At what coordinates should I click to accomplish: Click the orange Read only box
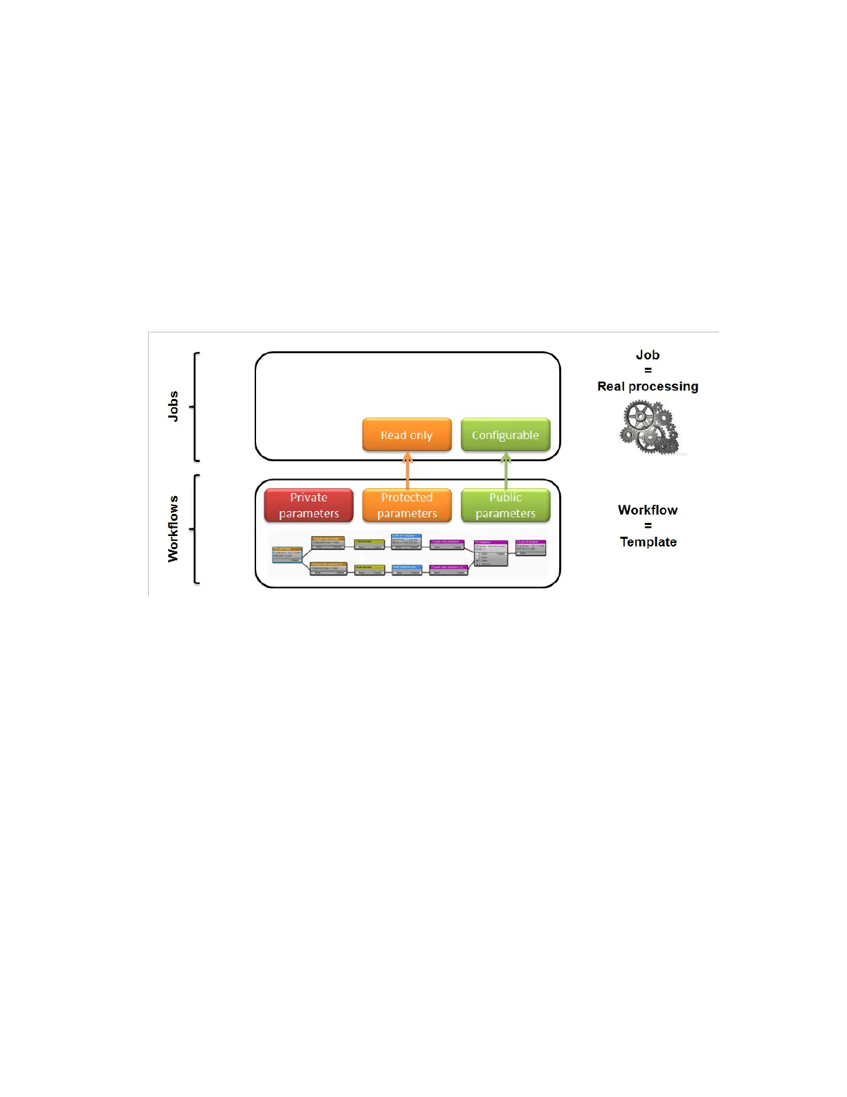pyautogui.click(x=407, y=435)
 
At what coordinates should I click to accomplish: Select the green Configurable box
pyautogui.click(x=505, y=435)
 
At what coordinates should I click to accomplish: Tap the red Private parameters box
pyautogui.click(x=309, y=506)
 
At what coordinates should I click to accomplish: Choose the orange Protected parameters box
pyautogui.click(x=407, y=506)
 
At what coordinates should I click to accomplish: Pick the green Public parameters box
pyautogui.click(x=505, y=506)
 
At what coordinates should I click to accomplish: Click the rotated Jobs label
pyautogui.click(x=173, y=406)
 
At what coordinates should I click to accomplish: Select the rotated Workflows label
pyautogui.click(x=173, y=528)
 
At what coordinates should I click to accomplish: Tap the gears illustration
pyautogui.click(x=648, y=428)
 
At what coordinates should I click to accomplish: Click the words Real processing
pyautogui.click(x=648, y=386)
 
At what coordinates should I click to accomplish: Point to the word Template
pyautogui.click(x=648, y=542)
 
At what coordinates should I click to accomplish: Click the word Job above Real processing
pyautogui.click(x=648, y=355)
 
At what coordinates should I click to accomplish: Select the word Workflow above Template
pyautogui.click(x=648, y=510)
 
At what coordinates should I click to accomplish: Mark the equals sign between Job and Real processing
pyautogui.click(x=648, y=371)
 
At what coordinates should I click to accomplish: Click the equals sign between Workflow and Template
pyautogui.click(x=648, y=526)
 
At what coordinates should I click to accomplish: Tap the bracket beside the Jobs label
pyautogui.click(x=196, y=407)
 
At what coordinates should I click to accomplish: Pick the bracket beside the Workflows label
pyautogui.click(x=196, y=529)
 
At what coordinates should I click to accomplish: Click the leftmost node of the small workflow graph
pyautogui.click(x=287, y=554)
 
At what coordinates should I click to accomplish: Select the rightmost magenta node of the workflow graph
pyautogui.click(x=531, y=547)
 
